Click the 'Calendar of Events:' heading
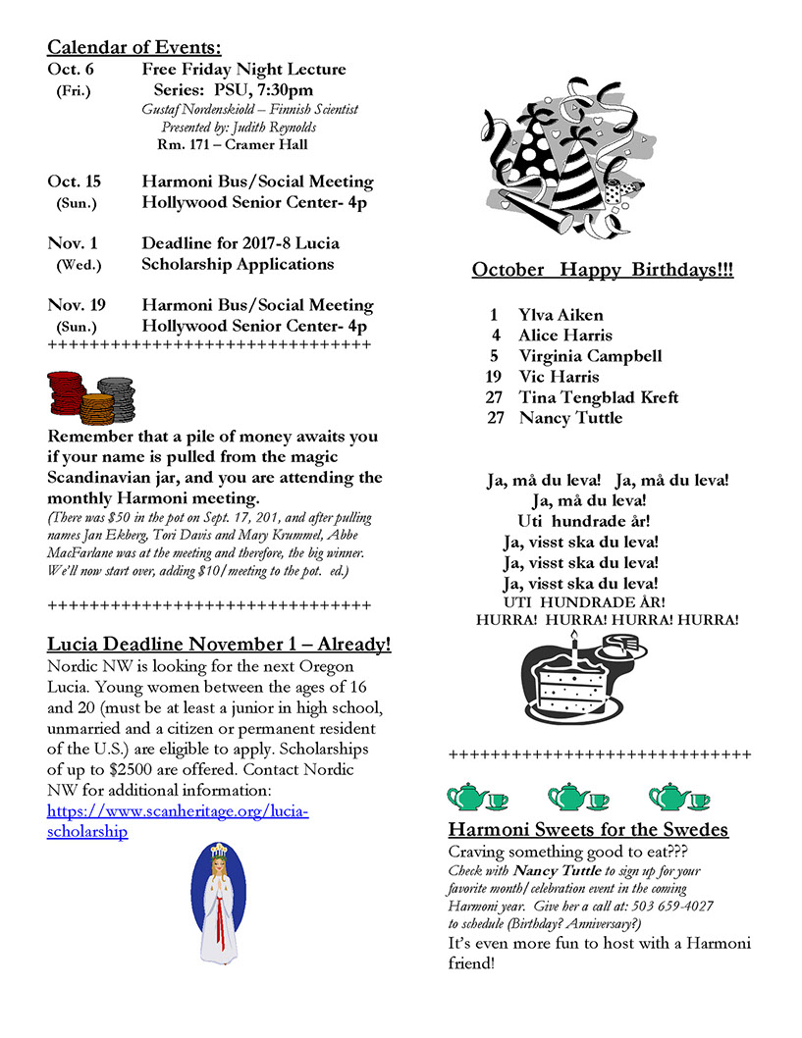pyautogui.click(x=134, y=47)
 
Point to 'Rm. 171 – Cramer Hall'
pyautogui.click(x=233, y=145)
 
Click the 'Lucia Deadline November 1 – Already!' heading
pyautogui.click(x=219, y=645)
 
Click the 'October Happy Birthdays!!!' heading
pyautogui.click(x=602, y=270)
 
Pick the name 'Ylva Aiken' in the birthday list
pyautogui.click(x=561, y=315)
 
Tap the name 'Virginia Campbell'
pyautogui.click(x=590, y=356)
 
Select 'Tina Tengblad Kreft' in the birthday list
pyautogui.click(x=598, y=397)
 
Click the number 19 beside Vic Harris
pyautogui.click(x=493, y=377)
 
